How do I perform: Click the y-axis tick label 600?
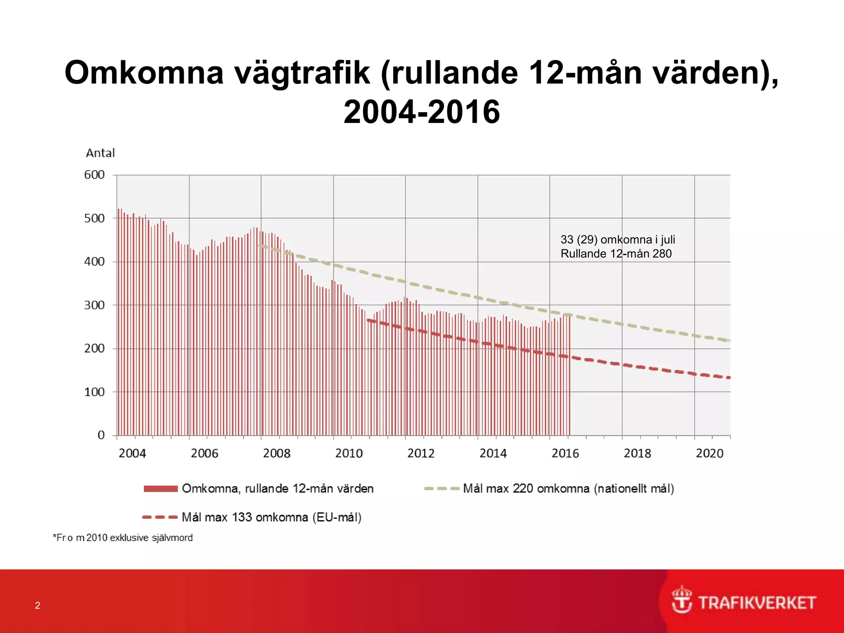click(x=94, y=175)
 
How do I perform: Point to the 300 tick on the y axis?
click(x=94, y=305)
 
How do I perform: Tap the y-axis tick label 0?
click(x=101, y=435)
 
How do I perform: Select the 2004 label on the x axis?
click(x=132, y=453)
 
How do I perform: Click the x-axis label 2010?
click(x=349, y=453)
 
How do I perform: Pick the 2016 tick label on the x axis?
click(x=565, y=453)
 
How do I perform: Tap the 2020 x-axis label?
click(x=709, y=453)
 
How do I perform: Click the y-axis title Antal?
click(x=100, y=153)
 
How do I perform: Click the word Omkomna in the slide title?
click(x=144, y=73)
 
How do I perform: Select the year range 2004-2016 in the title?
click(x=422, y=112)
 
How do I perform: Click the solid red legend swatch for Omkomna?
click(x=160, y=489)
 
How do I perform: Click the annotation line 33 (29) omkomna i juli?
click(x=617, y=240)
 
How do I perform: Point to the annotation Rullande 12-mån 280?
click(x=616, y=254)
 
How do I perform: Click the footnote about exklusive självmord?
click(x=123, y=538)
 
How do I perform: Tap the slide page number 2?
click(x=38, y=605)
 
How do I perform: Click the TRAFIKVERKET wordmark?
click(x=757, y=603)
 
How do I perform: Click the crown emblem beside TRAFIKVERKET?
click(x=682, y=600)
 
